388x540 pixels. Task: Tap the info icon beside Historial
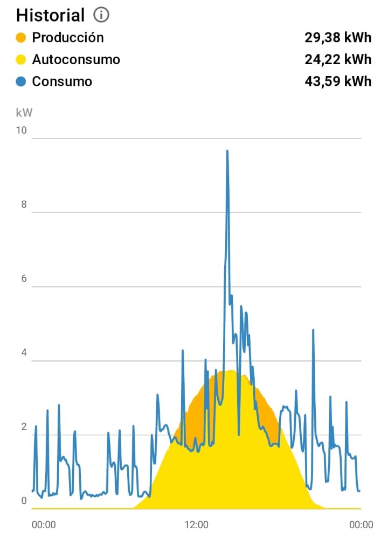pos(101,15)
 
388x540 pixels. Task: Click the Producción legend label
pos(68,38)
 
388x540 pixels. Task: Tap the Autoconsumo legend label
pos(76,59)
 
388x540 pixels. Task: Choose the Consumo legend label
pos(62,81)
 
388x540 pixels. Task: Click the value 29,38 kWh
pos(338,38)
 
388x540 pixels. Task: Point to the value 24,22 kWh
pos(338,59)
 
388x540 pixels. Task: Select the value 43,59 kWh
pos(338,81)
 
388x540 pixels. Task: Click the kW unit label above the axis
pos(24,113)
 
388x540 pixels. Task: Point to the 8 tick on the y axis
pos(23,205)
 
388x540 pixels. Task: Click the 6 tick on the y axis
pos(23,279)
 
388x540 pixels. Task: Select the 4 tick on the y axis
pos(23,353)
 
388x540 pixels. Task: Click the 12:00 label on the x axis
pos(196,524)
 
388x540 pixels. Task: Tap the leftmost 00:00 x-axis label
pos(44,524)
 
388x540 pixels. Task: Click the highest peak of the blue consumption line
pos(227,151)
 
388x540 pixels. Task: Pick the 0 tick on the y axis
pos(23,501)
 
